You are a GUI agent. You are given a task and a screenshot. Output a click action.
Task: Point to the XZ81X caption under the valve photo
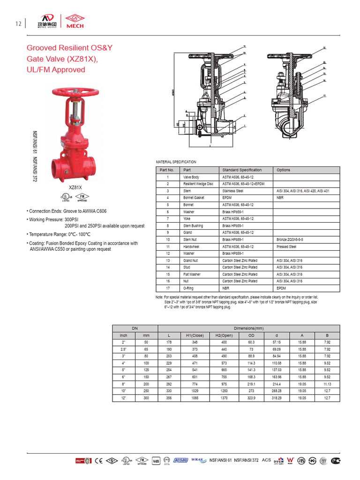point(75,187)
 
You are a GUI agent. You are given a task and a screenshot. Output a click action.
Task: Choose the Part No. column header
point(167,170)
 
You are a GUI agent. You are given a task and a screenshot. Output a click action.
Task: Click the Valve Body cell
point(191,178)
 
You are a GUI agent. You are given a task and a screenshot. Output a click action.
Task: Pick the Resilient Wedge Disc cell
point(198,184)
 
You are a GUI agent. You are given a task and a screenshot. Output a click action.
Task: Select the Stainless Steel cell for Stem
point(232,191)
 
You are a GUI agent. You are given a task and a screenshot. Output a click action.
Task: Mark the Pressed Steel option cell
point(286,247)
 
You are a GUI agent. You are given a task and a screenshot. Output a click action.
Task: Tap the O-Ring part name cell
point(189,288)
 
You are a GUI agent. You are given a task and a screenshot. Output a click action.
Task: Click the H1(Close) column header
point(195,336)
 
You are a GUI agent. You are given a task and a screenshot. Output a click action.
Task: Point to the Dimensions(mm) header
point(246,329)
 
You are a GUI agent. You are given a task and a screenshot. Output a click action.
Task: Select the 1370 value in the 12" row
point(224,398)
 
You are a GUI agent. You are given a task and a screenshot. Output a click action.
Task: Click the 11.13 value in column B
point(327,384)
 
